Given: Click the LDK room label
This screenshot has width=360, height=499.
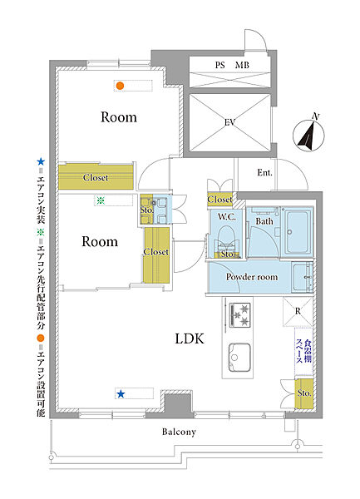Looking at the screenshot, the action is pos(190,338).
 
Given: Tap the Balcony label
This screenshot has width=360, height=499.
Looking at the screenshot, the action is pos(179,432).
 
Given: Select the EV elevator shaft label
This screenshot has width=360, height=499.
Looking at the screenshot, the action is pos(230,122).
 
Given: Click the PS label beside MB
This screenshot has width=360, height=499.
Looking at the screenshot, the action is pos(219,65).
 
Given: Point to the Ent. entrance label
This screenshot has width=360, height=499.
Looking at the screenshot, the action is pos(264,173).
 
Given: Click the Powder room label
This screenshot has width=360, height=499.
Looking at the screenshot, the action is pos(252,277).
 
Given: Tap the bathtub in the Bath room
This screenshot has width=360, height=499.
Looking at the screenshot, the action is pos(298,231).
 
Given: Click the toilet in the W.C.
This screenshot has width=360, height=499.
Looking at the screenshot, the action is pos(227,240).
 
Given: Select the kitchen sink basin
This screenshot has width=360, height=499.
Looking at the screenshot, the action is pos(239,357).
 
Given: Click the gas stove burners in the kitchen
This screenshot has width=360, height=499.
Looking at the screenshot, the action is pos(239,314).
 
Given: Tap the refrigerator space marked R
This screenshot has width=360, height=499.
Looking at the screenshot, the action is pos(298,311).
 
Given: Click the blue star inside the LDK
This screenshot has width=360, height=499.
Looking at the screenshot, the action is pos(121,394).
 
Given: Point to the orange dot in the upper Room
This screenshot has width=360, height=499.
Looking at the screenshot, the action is pos(120,86).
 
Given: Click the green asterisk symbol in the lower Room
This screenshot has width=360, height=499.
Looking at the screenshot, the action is pos(101,200).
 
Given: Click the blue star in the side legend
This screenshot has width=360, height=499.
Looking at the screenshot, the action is pos(41,161).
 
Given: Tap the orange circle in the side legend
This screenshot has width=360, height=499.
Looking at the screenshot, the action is pos(41,338).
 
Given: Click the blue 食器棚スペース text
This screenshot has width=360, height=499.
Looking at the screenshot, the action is pos(303,351).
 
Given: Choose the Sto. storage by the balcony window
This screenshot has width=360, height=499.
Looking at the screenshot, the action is pos(304,393).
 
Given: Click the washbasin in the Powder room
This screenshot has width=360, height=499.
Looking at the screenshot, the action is pos(302,277).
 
